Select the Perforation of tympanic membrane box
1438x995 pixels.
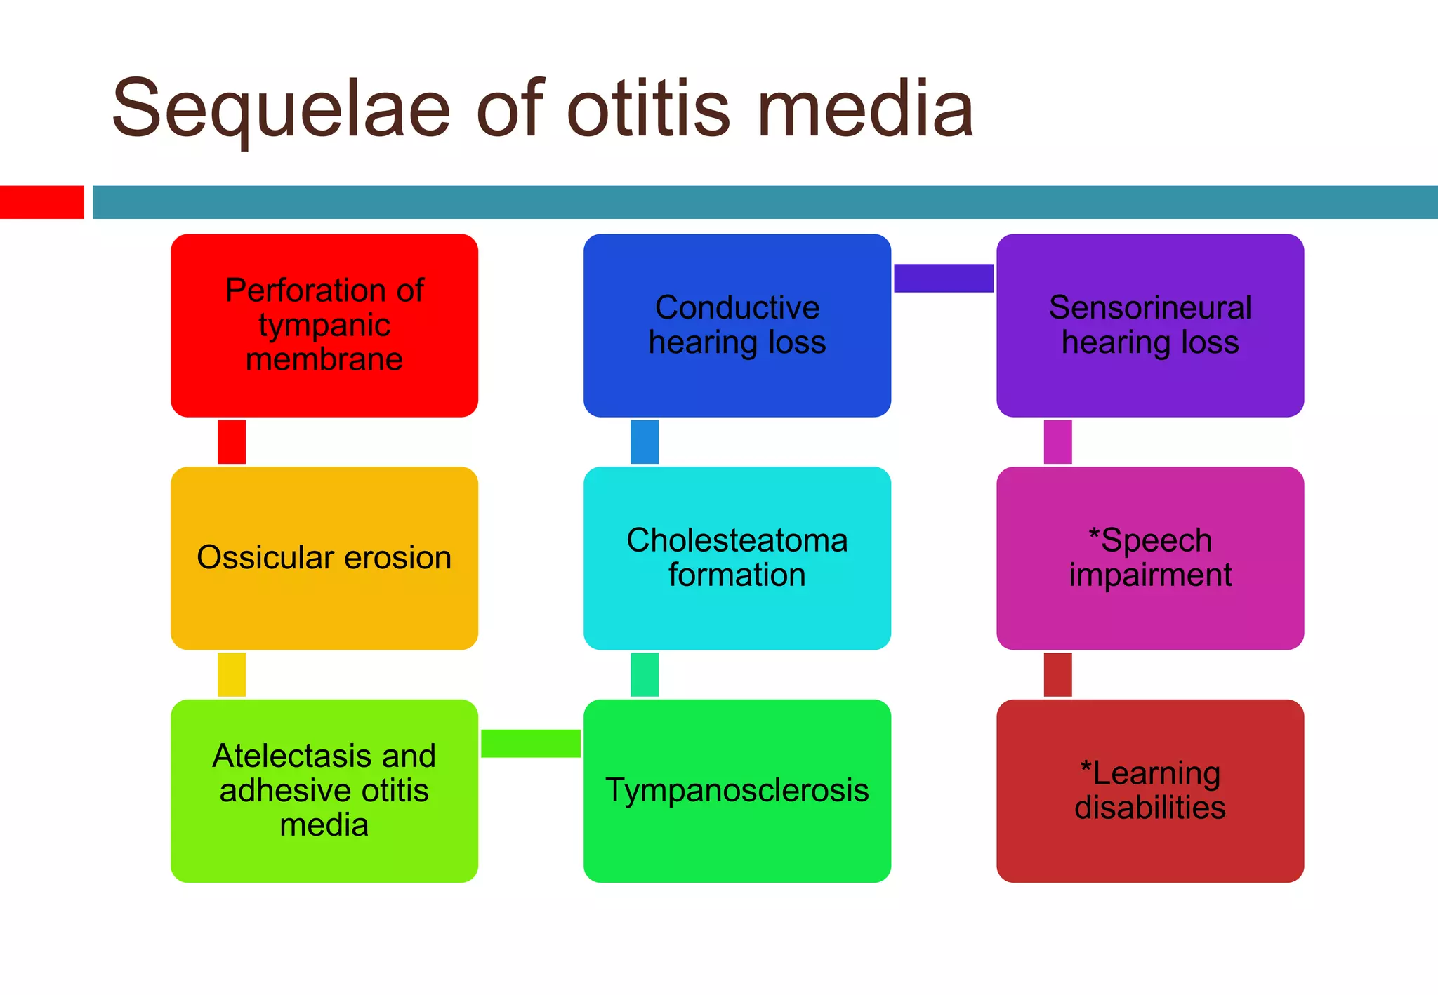click(324, 326)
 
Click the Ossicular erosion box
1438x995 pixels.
click(324, 558)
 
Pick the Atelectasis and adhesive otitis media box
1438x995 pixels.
click(324, 791)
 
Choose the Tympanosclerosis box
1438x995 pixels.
click(737, 791)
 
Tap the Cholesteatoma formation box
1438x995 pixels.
click(737, 558)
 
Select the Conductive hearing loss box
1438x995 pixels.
click(737, 326)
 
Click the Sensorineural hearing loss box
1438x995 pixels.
click(1150, 326)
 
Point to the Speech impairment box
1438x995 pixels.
click(1150, 558)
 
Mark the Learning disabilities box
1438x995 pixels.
click(1150, 791)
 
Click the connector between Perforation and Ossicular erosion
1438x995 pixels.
click(232, 442)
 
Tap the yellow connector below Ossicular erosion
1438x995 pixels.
click(232, 674)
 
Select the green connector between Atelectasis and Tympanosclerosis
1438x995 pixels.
click(531, 744)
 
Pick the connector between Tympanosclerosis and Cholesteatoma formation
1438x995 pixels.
click(645, 674)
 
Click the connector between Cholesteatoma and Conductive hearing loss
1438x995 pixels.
click(645, 442)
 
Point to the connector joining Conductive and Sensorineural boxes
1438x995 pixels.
click(944, 278)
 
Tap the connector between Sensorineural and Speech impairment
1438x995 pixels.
click(1057, 442)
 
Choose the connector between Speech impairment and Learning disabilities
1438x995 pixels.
click(1057, 674)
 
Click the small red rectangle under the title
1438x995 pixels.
click(42, 202)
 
